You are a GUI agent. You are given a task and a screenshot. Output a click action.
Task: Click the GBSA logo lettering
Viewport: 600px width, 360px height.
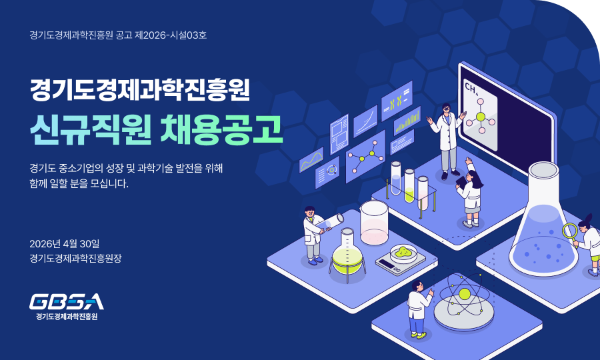pos(67,301)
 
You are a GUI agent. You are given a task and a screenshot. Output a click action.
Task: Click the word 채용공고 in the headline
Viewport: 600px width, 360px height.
pos(221,130)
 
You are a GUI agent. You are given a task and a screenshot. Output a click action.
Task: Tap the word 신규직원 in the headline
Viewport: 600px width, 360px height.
pos(90,130)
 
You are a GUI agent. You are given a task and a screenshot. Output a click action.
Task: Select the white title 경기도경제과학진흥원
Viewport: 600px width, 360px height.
pos(140,89)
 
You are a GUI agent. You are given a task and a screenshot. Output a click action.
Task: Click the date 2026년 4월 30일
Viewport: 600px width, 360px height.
pos(65,244)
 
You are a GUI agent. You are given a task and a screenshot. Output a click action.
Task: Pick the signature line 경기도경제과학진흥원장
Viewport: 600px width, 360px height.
pos(75,258)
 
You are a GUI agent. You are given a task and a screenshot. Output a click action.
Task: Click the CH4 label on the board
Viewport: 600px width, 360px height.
pos(471,89)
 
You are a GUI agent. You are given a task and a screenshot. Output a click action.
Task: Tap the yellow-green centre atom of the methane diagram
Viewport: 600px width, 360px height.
pos(481,117)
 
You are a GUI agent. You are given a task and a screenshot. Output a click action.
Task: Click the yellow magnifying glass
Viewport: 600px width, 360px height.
pos(570,231)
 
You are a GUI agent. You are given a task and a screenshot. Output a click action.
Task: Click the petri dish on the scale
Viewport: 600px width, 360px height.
pos(403,253)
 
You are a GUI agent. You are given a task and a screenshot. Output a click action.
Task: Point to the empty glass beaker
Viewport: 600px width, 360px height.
pos(374,223)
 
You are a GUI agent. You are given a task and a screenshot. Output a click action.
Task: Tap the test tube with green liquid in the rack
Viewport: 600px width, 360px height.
pos(409,186)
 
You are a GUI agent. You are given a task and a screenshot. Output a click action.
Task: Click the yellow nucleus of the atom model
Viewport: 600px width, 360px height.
pos(464,294)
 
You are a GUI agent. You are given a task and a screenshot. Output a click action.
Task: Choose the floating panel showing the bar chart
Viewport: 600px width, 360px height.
pos(407,121)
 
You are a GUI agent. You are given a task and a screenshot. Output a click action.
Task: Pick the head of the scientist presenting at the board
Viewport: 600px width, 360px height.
pos(446,109)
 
